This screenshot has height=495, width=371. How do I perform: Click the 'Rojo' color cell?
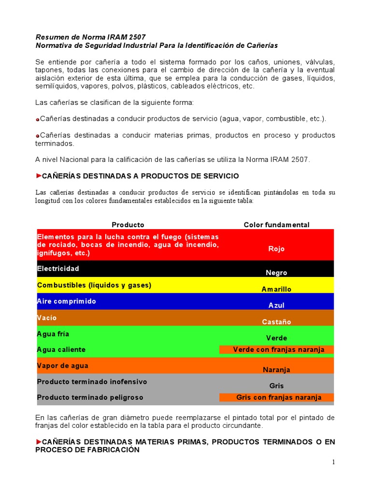coord(276,248)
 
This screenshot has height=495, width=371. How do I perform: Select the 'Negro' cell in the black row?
coord(276,273)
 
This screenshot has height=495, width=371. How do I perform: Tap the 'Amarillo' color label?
coord(276,289)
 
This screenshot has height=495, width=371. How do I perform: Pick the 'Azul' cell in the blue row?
coord(276,306)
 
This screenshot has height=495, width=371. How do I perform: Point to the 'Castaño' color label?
coord(276,322)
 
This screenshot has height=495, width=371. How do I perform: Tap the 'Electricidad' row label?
coord(58,268)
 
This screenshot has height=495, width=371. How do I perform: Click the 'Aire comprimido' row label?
coord(67,301)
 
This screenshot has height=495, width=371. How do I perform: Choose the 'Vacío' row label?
coord(47,318)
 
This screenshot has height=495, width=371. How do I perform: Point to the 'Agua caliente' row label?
coord(61,349)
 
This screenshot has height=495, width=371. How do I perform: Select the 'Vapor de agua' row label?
coord(63,366)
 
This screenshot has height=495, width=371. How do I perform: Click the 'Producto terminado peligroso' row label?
coord(90,397)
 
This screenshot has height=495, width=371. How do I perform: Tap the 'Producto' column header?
coord(128,225)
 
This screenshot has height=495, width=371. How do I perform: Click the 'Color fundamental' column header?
coord(276,225)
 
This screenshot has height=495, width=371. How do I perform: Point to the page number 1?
coord(333,462)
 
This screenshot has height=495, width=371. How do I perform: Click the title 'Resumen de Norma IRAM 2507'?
coord(90,37)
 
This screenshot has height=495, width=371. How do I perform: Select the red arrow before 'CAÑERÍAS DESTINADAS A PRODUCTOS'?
coord(39,175)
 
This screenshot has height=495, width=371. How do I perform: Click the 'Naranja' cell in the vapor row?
coord(276,370)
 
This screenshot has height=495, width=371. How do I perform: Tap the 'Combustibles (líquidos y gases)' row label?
coord(94,285)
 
